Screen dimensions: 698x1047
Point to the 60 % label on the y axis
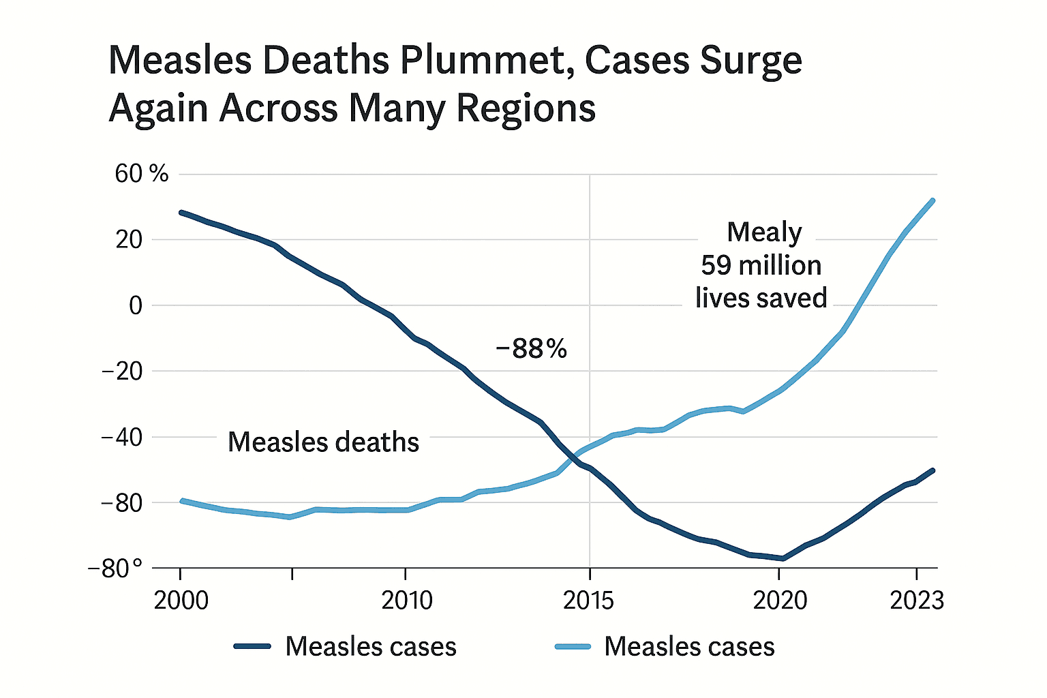click(141, 174)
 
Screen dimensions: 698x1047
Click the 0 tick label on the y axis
click(136, 305)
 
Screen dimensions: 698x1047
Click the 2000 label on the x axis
click(181, 601)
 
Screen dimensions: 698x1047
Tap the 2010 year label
click(406, 601)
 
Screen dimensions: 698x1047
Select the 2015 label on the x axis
click(588, 601)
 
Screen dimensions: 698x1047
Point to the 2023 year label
click(917, 601)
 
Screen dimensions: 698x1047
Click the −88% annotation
click(532, 349)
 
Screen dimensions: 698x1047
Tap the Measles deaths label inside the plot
click(323, 442)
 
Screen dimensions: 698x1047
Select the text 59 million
click(761, 265)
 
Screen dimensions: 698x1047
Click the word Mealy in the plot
click(764, 232)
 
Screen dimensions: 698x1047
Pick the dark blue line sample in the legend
click(252, 646)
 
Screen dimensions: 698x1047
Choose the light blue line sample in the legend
click(573, 646)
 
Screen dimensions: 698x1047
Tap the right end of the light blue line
click(933, 200)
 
